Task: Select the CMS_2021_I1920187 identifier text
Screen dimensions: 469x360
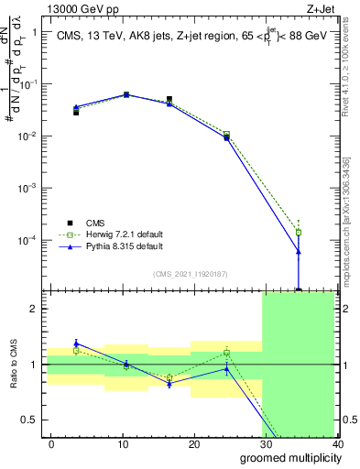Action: [196, 274]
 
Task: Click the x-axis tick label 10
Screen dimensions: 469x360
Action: [123, 443]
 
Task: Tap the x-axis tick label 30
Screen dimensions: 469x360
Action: [266, 443]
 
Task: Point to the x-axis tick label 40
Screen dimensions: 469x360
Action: [336, 443]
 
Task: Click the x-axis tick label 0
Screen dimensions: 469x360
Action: [51, 443]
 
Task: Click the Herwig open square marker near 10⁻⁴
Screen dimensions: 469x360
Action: [299, 232]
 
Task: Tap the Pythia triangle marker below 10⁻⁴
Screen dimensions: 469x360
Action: [299, 251]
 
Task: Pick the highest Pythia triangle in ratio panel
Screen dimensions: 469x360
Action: [76, 343]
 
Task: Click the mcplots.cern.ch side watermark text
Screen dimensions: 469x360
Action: [349, 211]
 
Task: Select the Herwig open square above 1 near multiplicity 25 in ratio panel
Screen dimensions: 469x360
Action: [227, 353]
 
